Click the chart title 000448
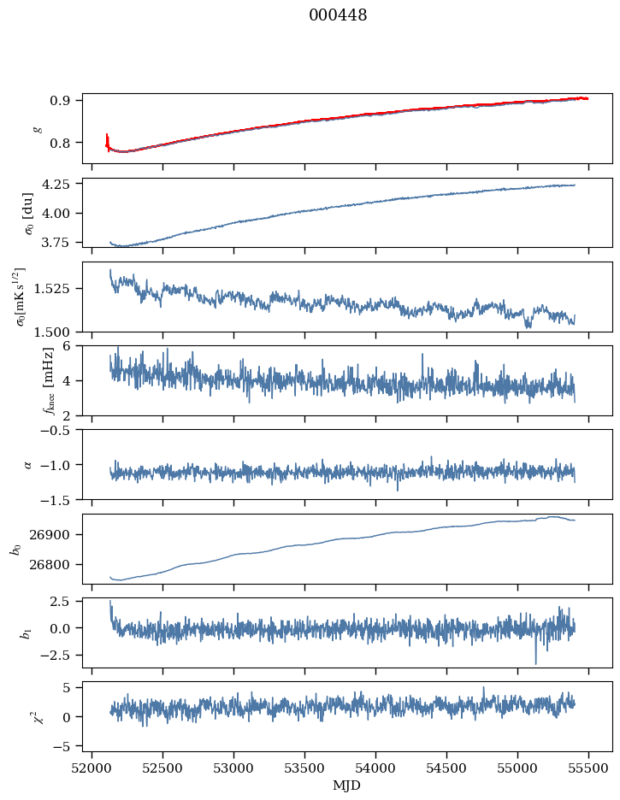click(338, 15)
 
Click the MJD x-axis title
click(347, 785)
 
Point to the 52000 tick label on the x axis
click(93, 768)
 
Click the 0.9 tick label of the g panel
click(65, 100)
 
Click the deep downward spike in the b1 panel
click(536, 663)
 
